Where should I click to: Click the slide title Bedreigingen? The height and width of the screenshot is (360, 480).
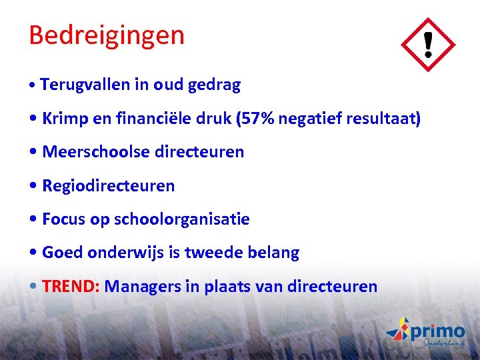[106, 35]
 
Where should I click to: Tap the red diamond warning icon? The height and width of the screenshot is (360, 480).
[427, 45]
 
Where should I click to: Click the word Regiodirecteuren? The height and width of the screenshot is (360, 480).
[108, 186]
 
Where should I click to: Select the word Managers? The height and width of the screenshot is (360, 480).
[140, 287]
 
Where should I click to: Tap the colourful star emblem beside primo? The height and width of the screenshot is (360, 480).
[398, 330]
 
